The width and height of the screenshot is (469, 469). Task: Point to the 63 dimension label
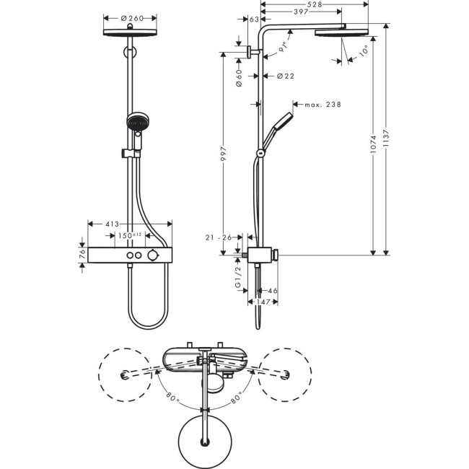point(253,19)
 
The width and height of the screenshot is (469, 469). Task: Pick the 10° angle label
point(362,51)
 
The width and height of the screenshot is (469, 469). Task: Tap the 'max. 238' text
point(322,105)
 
